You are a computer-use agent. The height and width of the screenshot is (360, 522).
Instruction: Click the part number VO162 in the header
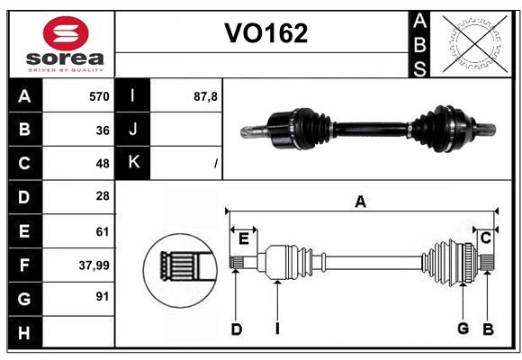point(265,33)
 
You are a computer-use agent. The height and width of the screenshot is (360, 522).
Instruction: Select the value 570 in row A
point(99,96)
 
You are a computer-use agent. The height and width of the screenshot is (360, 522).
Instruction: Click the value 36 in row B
point(103,130)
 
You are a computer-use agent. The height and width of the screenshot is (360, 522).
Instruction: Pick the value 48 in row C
point(103,164)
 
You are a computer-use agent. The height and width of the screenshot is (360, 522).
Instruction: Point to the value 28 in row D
point(103,197)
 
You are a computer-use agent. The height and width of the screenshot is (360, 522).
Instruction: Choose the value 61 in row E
point(103,231)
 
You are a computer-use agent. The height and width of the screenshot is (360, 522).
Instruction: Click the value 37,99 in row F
point(94,265)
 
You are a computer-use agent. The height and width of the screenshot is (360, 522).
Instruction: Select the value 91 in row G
point(103,297)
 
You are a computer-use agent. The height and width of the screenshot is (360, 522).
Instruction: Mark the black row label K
point(134,164)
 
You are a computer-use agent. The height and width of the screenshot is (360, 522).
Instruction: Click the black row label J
point(134,130)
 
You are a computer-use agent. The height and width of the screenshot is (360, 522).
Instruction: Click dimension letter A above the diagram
point(360,202)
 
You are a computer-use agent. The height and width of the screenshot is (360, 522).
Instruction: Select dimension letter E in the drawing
point(244,238)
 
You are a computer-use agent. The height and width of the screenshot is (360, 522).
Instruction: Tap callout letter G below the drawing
point(463,328)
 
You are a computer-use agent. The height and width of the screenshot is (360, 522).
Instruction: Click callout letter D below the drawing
point(236,329)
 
